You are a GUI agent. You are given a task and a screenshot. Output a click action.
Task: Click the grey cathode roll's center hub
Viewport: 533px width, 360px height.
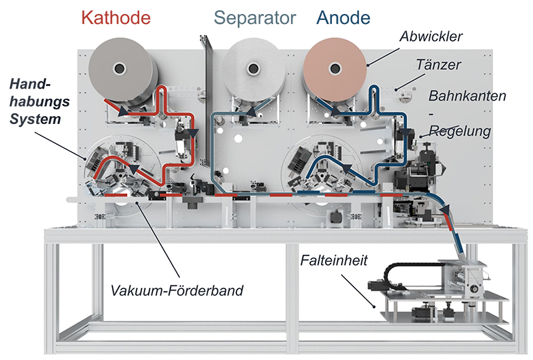coord(120,67)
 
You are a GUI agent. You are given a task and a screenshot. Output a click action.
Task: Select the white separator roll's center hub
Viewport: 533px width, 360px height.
coord(253,67)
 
